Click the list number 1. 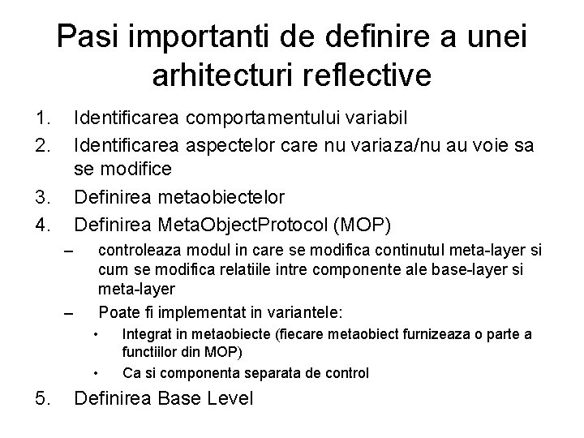(x=45, y=118)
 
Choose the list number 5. (x=45, y=398)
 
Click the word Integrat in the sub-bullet (x=145, y=335)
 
